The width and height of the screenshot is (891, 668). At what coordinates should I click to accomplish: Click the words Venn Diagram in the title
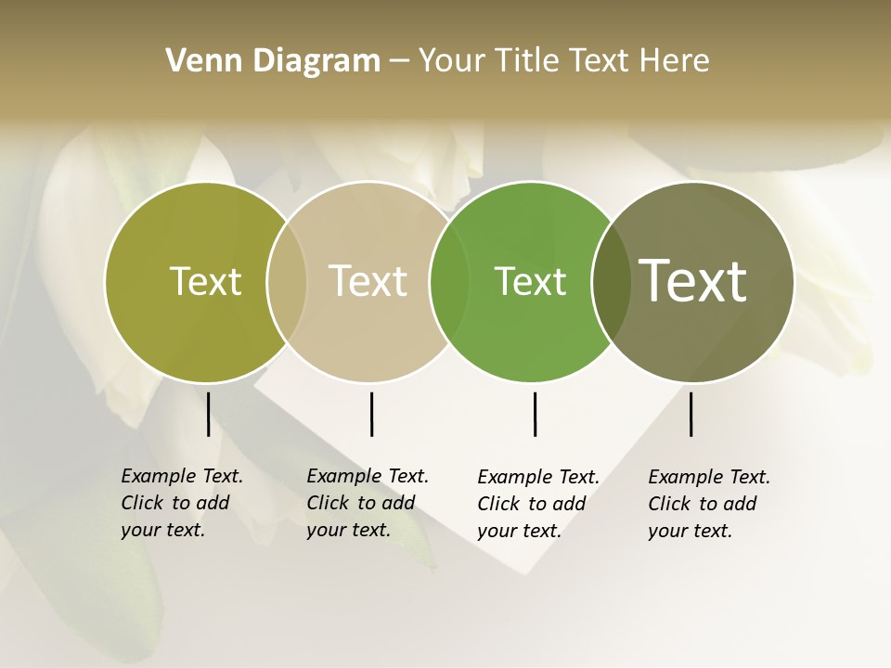point(273,61)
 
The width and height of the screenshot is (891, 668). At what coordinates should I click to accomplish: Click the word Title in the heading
point(528,61)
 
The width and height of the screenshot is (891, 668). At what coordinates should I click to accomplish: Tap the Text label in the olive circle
point(205,281)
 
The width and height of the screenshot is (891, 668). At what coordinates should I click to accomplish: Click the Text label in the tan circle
point(368,281)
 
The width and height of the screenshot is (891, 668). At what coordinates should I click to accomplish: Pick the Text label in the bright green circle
point(530,281)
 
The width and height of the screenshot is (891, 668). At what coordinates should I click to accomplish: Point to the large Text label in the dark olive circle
point(693,280)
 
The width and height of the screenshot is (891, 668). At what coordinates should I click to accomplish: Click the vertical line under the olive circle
point(208,414)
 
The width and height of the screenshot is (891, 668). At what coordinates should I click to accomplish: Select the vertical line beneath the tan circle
point(371,414)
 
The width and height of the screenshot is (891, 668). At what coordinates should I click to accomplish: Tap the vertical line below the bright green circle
point(535,414)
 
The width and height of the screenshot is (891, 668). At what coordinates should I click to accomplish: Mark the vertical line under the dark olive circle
point(691,414)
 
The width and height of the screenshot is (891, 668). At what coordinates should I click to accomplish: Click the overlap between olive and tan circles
point(287,281)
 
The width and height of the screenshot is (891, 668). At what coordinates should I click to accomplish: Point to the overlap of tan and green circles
point(449,281)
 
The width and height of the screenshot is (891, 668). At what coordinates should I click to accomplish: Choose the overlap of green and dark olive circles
point(610,281)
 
